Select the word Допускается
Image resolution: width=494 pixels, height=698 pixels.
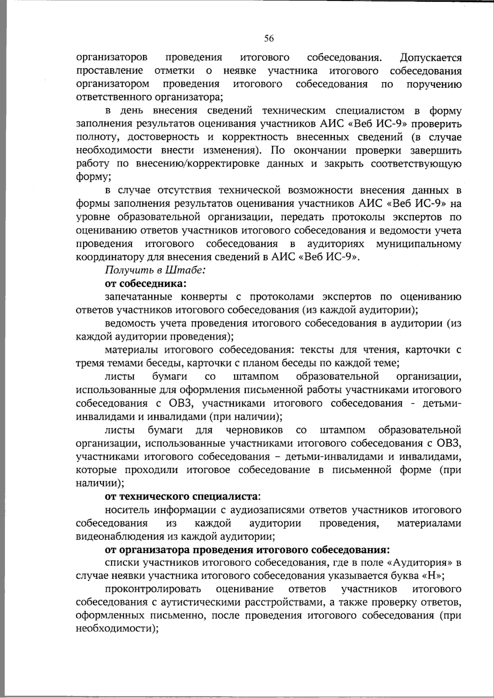pyautogui.click(x=430, y=58)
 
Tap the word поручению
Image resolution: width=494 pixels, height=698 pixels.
pyautogui.click(x=434, y=84)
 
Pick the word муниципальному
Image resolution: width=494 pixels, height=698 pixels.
pyautogui.click(x=419, y=244)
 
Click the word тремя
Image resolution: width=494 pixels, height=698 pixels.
pyautogui.click(x=90, y=363)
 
